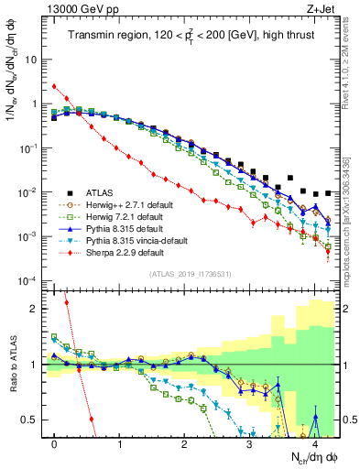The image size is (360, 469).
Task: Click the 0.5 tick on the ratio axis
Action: point(32,420)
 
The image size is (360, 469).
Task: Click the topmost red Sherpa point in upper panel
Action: point(55,86)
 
